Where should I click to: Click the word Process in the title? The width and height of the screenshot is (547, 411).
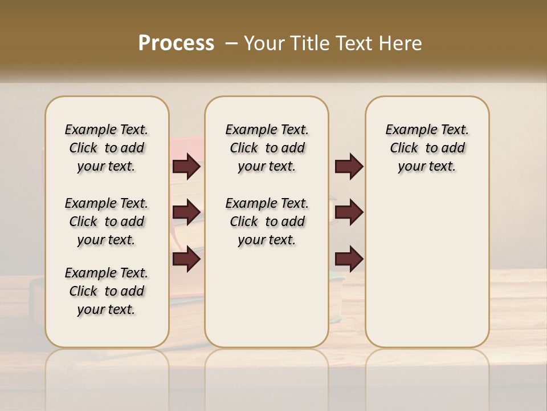[176, 43]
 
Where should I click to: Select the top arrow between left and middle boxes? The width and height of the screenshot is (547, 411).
[186, 167]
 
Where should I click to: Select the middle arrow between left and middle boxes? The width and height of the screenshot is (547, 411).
[186, 213]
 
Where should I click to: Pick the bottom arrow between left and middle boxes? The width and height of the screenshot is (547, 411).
[186, 260]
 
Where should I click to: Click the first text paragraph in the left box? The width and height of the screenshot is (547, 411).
[107, 148]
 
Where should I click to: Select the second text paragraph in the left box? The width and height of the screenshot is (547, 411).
[107, 221]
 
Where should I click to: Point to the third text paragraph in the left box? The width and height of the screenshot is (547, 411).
[107, 291]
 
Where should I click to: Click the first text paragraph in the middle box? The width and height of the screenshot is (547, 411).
[267, 148]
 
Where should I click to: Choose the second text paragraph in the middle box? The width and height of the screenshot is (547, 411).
[267, 221]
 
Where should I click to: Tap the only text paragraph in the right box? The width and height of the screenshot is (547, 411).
[427, 148]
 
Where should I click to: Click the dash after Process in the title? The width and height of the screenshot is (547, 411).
[231, 43]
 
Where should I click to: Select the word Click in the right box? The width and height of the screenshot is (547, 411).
[404, 148]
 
